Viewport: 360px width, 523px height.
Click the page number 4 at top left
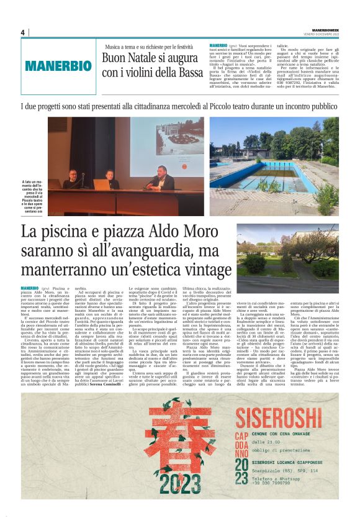[22, 33]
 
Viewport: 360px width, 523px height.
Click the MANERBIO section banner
[59, 65]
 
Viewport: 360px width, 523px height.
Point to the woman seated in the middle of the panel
[109, 180]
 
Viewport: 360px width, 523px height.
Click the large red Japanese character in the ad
[175, 435]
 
